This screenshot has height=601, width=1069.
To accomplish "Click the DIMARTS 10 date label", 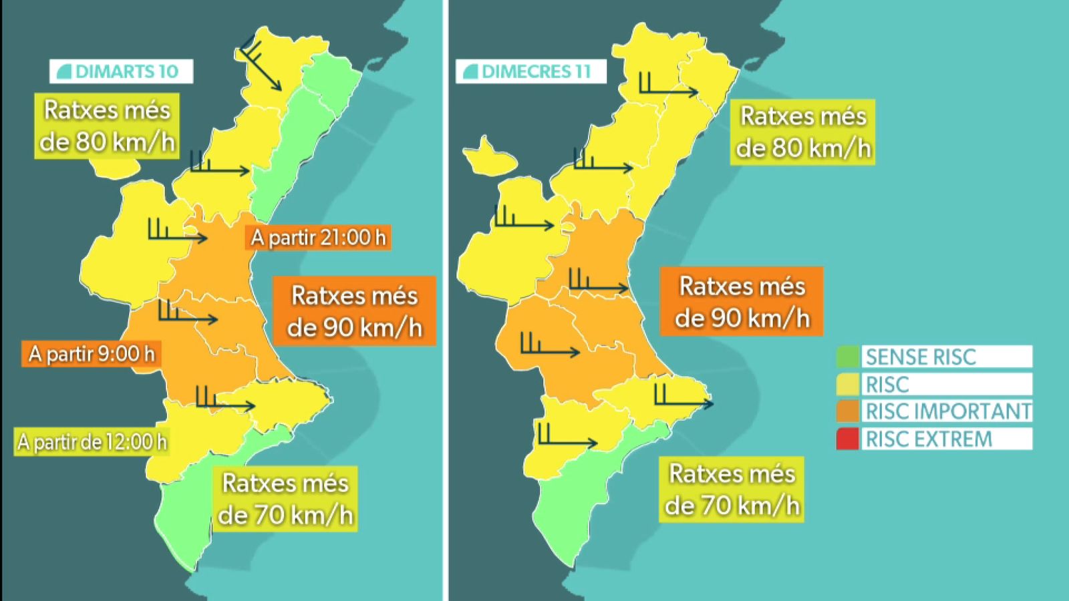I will click(122, 71).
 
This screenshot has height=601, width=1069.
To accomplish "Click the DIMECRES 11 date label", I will click(531, 71).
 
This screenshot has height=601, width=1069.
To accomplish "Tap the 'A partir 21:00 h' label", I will click(319, 238).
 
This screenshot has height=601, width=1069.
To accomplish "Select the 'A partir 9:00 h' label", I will click(92, 353).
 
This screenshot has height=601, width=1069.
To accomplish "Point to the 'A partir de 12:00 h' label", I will click(92, 442).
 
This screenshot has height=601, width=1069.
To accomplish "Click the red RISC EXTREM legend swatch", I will click(847, 439).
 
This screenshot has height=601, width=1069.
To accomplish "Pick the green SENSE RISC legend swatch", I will click(847, 357).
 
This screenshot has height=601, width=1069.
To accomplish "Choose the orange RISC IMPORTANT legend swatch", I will click(847, 411).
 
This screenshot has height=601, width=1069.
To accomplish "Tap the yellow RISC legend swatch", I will click(847, 384).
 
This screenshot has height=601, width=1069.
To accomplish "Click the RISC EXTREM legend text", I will click(929, 439).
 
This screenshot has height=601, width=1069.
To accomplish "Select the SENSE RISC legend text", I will click(921, 357).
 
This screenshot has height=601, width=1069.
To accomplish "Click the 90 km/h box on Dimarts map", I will click(354, 311).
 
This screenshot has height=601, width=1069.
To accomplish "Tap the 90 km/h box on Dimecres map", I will click(742, 302).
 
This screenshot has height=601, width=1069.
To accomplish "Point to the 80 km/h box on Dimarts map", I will click(107, 126).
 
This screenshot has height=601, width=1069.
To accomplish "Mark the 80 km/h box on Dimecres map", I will click(803, 132).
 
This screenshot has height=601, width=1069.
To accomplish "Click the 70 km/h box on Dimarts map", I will click(285, 499).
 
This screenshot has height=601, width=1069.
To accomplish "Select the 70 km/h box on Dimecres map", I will click(732, 489).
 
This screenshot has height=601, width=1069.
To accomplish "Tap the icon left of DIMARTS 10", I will click(64, 71).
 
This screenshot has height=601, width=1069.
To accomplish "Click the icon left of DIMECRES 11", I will click(470, 71).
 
